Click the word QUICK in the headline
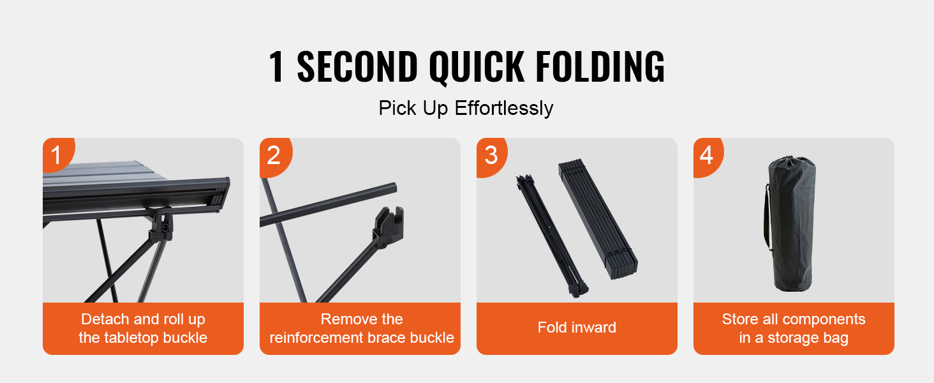click(x=477, y=67)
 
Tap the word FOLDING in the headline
click(x=600, y=66)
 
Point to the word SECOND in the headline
click(x=357, y=66)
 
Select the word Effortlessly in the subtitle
click(x=504, y=109)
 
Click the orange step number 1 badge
click(x=57, y=154)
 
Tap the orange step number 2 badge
click(x=275, y=156)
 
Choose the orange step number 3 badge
click(x=491, y=156)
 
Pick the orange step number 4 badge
click(x=708, y=156)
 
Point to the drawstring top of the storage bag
click(x=792, y=163)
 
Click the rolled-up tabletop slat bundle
click(x=598, y=219)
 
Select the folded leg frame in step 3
click(x=551, y=236)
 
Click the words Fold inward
click(x=577, y=327)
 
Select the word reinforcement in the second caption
click(x=325, y=338)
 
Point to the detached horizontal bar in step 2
click(x=328, y=205)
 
